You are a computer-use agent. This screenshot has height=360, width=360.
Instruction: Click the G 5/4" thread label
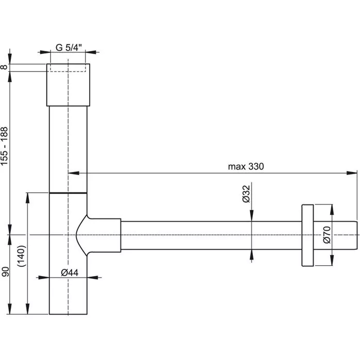coord(68,47)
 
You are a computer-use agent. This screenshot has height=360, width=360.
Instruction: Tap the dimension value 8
coord(4,67)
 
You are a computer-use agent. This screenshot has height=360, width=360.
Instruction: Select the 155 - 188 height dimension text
coord(4,146)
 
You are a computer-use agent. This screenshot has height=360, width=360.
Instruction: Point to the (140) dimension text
coord(22,256)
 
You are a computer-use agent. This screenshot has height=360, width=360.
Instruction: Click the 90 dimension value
coord(5,271)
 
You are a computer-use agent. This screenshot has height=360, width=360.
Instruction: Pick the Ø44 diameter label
coord(70,273)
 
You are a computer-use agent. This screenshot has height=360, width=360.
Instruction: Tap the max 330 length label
coord(246,166)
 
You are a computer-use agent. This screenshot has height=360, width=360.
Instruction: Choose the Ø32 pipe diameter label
coord(246,194)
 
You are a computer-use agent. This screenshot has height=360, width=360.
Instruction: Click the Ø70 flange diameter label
coord(327,235)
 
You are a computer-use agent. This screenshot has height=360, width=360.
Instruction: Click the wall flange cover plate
coord(307,235)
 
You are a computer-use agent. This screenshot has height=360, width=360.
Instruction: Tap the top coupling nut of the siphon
coord(68,85)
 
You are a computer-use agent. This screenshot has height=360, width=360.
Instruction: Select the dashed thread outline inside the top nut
coord(68,68)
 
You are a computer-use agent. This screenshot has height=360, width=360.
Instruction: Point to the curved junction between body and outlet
coord(81,235)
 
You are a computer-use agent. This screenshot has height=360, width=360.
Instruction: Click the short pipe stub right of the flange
coord(335,235)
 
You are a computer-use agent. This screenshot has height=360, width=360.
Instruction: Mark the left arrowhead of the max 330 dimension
coord(74,173)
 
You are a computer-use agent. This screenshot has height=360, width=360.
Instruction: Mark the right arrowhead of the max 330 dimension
coord(352,173)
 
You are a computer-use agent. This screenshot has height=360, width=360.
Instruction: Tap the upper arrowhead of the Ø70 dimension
coord(332,210)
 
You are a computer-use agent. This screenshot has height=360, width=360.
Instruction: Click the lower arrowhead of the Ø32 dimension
coord(252,255)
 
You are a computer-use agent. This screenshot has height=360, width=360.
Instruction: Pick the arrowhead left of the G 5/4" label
coord(45,52)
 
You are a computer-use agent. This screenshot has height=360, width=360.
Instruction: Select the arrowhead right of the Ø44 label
coord(93,278)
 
